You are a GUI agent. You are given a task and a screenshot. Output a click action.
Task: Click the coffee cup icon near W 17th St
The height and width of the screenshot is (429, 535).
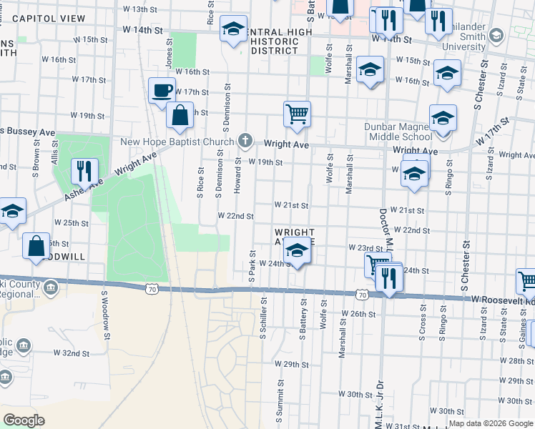[x=162, y=90]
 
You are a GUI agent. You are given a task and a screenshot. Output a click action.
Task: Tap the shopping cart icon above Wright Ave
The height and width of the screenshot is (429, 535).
[x=297, y=113]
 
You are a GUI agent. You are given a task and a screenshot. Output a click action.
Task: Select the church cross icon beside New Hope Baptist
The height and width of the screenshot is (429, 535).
[x=245, y=141]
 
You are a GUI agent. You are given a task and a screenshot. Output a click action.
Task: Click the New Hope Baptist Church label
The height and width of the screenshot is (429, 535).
[x=177, y=142]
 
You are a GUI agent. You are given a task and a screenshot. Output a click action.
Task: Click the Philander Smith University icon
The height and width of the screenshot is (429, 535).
[x=498, y=35]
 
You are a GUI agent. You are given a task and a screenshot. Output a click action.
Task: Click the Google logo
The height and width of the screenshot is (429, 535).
[x=24, y=420]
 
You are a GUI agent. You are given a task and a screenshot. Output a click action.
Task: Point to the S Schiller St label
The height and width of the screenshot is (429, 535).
[x=264, y=319]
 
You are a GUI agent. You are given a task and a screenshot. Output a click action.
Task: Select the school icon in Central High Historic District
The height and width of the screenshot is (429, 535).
[x=233, y=29]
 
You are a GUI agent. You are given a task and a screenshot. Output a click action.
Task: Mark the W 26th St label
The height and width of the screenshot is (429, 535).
[x=358, y=314]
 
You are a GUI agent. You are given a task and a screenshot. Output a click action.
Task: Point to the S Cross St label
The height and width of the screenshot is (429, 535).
[x=423, y=325]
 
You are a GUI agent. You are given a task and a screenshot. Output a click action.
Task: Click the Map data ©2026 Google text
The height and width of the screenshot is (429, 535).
[x=490, y=423]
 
